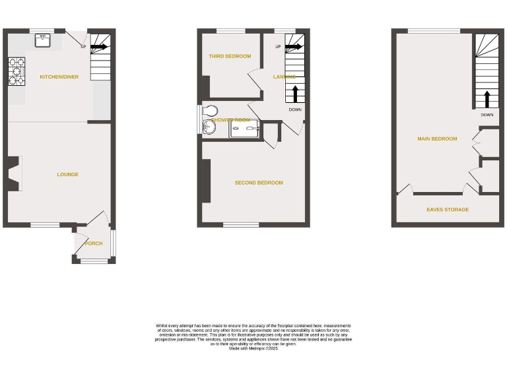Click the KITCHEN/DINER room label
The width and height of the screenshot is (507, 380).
click(59, 77)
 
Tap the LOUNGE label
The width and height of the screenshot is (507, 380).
click(67, 175)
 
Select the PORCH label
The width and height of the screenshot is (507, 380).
click(94, 243)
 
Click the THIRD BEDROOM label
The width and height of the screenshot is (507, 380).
click(230, 56)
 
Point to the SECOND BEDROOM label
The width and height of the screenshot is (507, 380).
click(259, 183)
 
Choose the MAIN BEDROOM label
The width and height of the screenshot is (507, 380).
click(437, 139)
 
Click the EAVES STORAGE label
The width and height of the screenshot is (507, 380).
click(448, 210)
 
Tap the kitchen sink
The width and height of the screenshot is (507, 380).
click(44, 40)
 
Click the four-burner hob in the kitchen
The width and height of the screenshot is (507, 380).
click(17, 72)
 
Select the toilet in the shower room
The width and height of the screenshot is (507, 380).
click(211, 110)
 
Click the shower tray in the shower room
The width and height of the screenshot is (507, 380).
click(246, 129)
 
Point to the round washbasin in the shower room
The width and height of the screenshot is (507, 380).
click(209, 127)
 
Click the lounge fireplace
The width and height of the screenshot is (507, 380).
click(13, 174)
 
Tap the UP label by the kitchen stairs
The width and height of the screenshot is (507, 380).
click(83, 47)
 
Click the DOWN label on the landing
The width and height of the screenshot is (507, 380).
click(295, 110)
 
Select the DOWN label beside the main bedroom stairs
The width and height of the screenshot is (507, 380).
click(487, 115)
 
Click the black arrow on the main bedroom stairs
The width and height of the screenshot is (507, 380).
click(487, 99)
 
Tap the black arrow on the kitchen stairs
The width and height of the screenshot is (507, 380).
click(100, 47)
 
